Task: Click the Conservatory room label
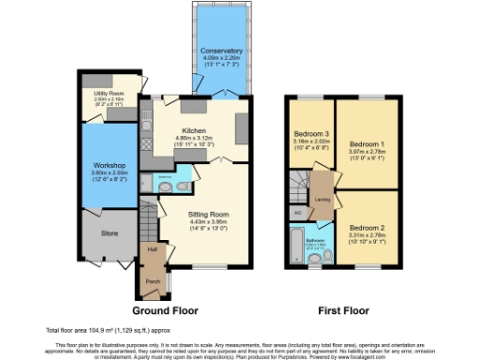point(222,51)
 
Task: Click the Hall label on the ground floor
point(151,250)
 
